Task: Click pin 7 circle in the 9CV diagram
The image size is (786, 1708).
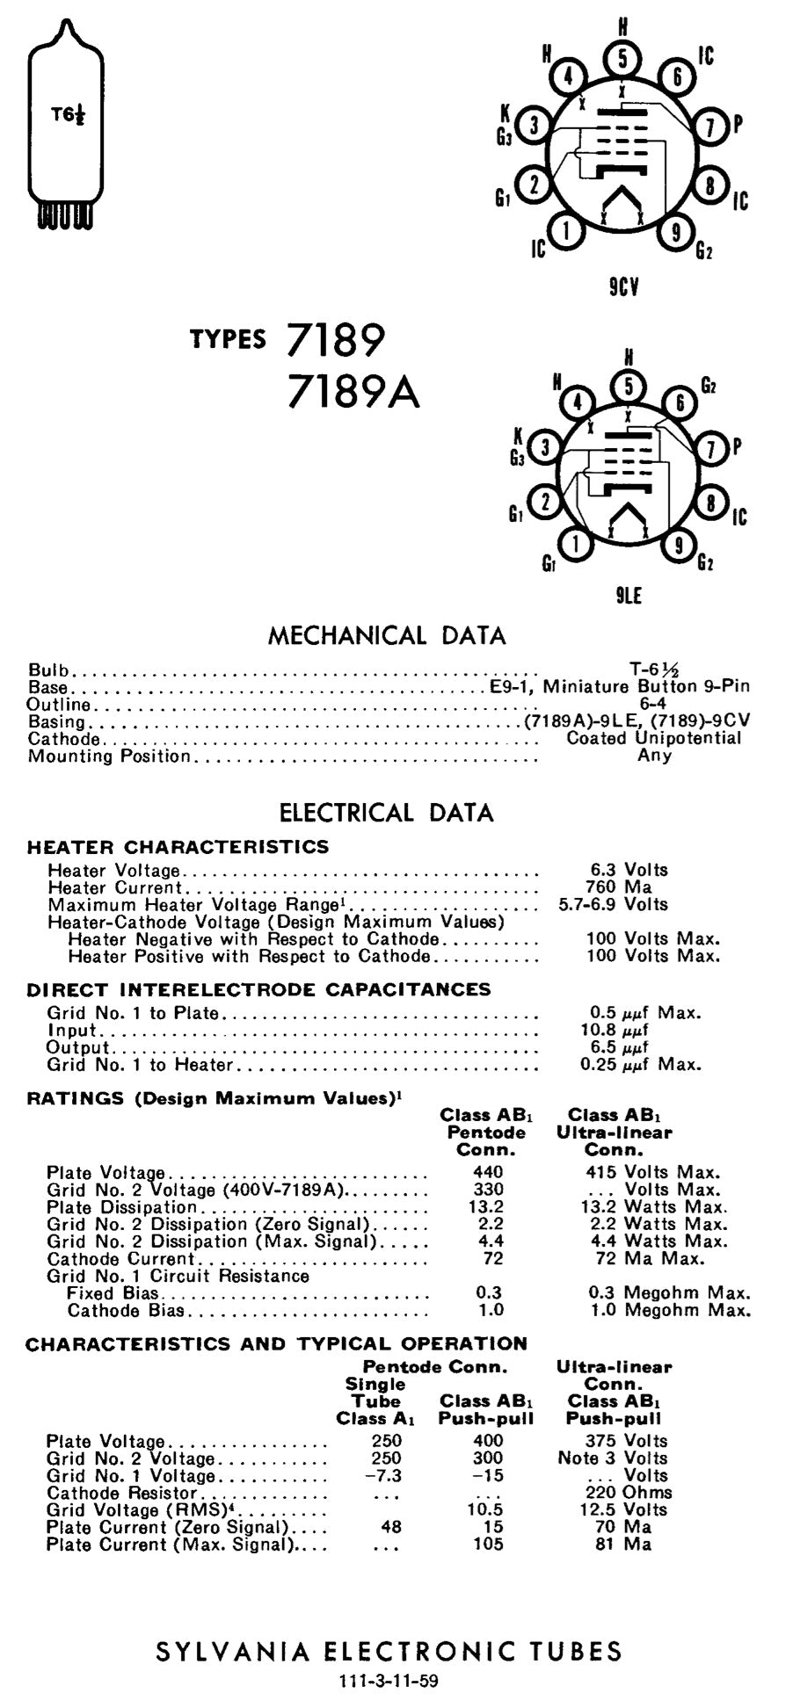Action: pos(710,126)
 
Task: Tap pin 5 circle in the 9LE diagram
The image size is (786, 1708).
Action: pos(628,386)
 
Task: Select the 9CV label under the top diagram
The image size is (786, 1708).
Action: pos(623,287)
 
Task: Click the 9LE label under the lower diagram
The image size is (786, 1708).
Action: pos(628,596)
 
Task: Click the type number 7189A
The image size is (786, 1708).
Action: pos(353,392)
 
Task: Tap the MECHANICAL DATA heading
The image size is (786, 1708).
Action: pos(387,635)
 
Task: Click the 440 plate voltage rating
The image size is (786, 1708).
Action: pos(488,1172)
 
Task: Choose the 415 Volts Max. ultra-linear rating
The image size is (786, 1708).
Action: pos(652,1172)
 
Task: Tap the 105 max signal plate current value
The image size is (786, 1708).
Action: pos(488,1544)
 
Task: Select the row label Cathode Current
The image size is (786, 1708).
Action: pos(120,1258)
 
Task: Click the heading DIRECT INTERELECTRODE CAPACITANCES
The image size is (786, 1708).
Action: pos(258,989)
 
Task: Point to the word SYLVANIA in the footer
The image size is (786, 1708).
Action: pos(232,1652)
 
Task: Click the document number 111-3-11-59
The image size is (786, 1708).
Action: pos(388,1682)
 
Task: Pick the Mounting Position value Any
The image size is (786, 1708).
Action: pos(654,756)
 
